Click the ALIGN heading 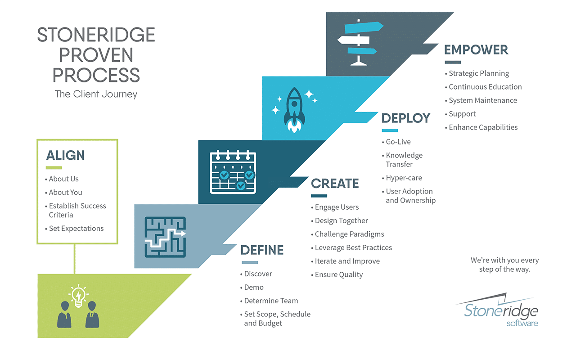coord(65,155)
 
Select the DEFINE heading coord(262,250)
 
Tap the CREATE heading coord(335,184)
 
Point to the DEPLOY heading coord(406,118)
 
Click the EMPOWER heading coord(476,49)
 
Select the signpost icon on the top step coord(359,42)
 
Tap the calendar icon coord(233,172)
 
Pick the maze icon coord(165,237)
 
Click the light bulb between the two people coord(78,296)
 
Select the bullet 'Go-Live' coord(398,142)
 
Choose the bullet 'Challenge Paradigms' coord(349,234)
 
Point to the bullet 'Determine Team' coord(270,301)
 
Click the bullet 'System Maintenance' coord(482,100)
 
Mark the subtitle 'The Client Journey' coord(96,94)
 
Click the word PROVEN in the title coord(96,55)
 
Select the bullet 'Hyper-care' coord(404,178)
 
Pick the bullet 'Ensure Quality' coord(338,274)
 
